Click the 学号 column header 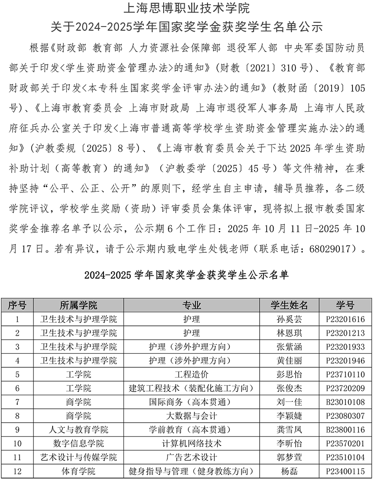pos(345,305)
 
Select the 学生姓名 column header pos(289,305)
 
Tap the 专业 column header pos(192,305)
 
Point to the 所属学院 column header pos(79,305)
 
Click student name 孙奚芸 pos(289,319)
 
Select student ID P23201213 pos(345,333)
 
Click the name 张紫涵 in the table pos(289,347)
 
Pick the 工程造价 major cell pos(192,374)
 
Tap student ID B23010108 pos(345,402)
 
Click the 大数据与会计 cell pos(192,416)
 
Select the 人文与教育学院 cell pos(79,429)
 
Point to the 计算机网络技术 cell pos(192,443)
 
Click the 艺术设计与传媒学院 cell pos(79,457)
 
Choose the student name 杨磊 pos(289,471)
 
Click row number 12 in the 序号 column pos(18,471)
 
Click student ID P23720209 pos(345,388)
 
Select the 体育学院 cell pos(79,471)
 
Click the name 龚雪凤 pos(289,429)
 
